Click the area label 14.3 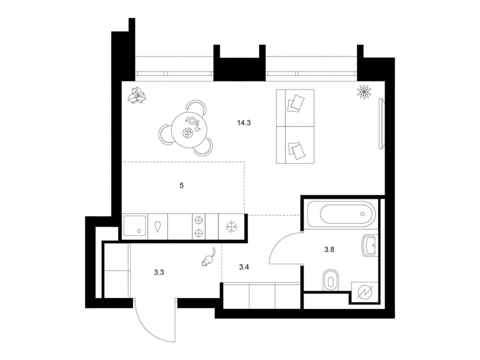click(244, 123)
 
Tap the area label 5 click(181, 186)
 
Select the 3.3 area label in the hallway click(159, 272)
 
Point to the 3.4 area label click(244, 267)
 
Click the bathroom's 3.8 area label click(329, 250)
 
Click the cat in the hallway click(208, 257)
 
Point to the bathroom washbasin click(370, 245)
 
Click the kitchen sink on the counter click(135, 226)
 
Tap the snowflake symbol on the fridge click(232, 227)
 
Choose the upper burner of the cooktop click(199, 220)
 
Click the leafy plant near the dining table click(137, 96)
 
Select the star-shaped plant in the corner click(364, 92)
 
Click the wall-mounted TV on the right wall click(381, 123)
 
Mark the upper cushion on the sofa click(296, 103)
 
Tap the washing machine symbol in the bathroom click(364, 293)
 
